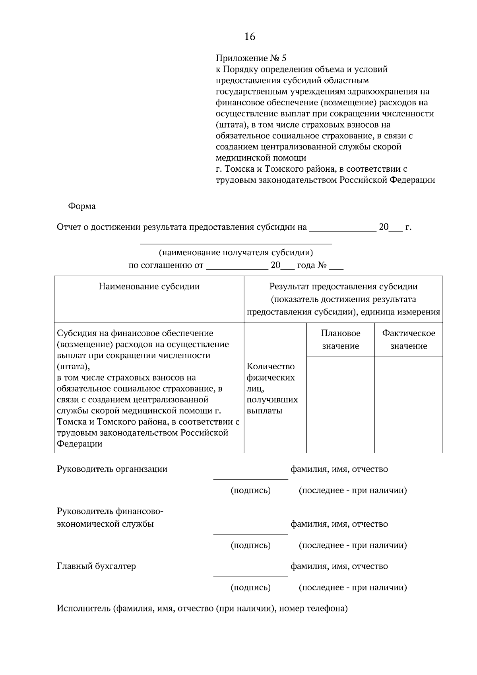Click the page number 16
point(250,37)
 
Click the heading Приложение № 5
point(250,58)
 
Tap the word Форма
point(82,206)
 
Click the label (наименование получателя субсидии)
point(236,252)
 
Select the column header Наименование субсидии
point(149,287)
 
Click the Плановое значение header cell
point(341,339)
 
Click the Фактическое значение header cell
point(409,339)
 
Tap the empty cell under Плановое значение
point(341,405)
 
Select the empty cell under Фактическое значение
point(409,405)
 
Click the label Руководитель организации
point(112,469)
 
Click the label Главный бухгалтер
point(96,566)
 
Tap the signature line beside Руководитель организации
point(250,479)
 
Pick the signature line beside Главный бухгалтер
point(250,576)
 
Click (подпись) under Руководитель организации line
point(250,491)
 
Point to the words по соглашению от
point(166,266)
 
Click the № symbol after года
point(322,266)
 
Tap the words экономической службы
point(105,524)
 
